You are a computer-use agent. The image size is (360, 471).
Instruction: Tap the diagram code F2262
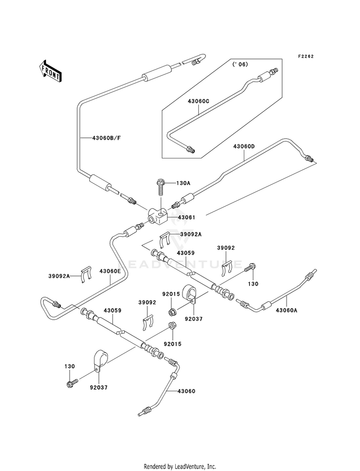tap(306, 56)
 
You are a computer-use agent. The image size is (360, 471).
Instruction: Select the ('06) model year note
tap(240, 64)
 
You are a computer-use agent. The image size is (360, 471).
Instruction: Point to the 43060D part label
tap(244, 146)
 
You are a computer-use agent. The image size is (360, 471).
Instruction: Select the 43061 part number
tap(186, 217)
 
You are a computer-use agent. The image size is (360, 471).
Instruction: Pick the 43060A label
tap(287, 310)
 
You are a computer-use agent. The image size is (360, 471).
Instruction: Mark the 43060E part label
tap(110, 271)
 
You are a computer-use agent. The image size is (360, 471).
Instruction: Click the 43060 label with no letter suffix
tap(186, 391)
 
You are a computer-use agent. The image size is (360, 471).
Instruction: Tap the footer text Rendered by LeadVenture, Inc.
tap(180, 467)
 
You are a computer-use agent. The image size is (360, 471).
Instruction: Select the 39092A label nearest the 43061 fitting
tap(191, 234)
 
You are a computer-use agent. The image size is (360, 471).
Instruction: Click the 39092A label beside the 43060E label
tap(59, 276)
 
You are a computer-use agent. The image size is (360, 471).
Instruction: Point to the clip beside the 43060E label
tap(87, 274)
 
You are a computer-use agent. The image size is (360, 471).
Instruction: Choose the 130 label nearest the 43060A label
tap(253, 284)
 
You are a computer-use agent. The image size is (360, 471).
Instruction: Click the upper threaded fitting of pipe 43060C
tap(274, 71)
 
